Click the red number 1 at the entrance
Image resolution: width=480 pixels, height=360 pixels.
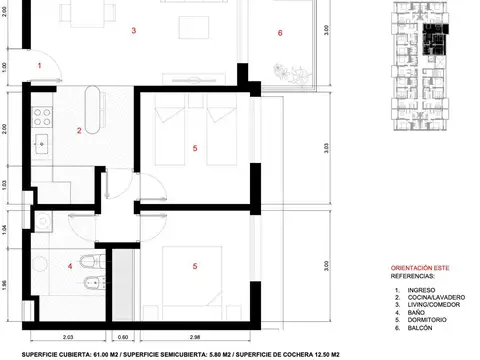click(x=39, y=65)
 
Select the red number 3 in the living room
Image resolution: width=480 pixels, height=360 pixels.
click(x=133, y=31)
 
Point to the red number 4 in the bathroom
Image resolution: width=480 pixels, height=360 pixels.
click(x=69, y=265)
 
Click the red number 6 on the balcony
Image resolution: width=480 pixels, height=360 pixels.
click(x=280, y=33)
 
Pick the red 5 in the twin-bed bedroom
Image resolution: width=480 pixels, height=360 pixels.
click(x=195, y=149)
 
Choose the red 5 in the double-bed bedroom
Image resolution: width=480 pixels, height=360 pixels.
click(x=195, y=265)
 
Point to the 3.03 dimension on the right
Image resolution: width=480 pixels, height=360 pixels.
click(x=328, y=148)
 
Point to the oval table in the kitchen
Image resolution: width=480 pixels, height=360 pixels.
click(x=96, y=109)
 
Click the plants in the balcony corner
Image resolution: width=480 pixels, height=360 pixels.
click(x=291, y=72)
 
